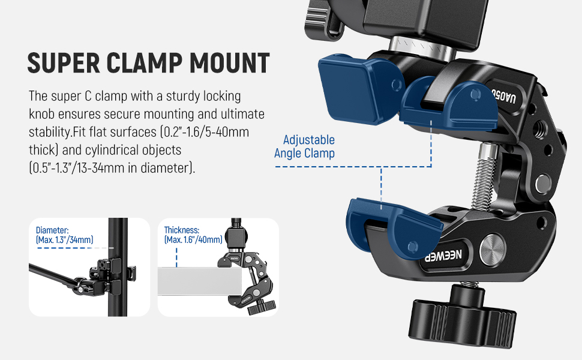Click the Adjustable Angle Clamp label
point(305,146)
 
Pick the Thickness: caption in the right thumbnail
point(182,230)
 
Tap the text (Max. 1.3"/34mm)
point(65,240)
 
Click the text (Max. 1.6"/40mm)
point(193,240)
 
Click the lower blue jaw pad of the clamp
point(393,222)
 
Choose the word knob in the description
point(42,113)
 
